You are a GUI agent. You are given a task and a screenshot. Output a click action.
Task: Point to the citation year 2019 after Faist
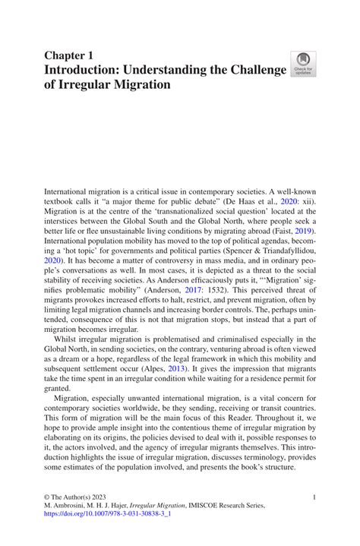click(x=302, y=229)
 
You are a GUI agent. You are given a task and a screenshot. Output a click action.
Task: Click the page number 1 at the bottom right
click(x=314, y=497)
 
